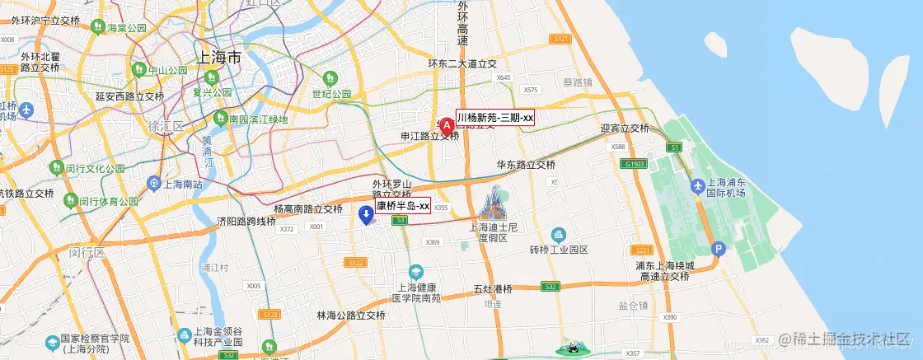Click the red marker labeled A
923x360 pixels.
(447, 126)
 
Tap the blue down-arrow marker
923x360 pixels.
(367, 215)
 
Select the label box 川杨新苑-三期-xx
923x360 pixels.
(494, 118)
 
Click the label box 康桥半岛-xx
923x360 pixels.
(403, 205)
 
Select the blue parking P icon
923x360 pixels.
(719, 249)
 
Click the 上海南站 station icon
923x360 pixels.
(154, 182)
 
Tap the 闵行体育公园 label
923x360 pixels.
(109, 202)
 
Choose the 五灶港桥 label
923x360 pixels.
(493, 289)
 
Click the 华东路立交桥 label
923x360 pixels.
(526, 165)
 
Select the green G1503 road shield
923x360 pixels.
(635, 165)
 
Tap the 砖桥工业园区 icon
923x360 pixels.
(559, 235)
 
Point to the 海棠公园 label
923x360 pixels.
(126, 28)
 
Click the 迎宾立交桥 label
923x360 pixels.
(625, 129)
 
